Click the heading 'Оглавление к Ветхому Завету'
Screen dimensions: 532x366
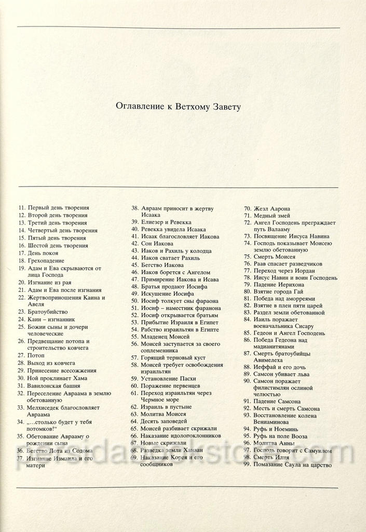(x=179, y=107)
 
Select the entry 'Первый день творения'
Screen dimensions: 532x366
(x=58, y=207)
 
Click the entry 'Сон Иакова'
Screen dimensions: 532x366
(x=157, y=243)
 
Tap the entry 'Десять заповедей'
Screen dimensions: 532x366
(x=165, y=421)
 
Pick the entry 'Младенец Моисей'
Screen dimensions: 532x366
(x=165, y=337)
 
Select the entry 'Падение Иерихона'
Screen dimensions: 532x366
(x=279, y=285)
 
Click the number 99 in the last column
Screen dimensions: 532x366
(x=247, y=464)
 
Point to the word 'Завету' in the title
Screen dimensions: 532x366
(x=226, y=107)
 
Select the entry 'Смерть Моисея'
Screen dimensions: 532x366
(x=274, y=257)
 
